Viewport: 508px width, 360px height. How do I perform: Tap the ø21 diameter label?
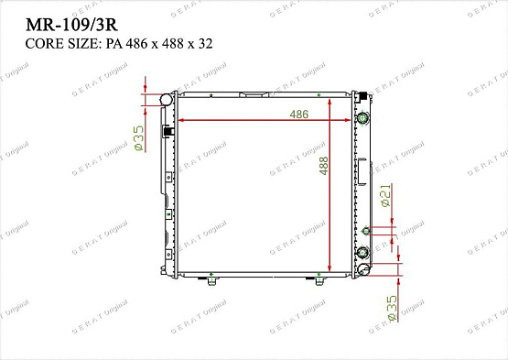click(x=385, y=196)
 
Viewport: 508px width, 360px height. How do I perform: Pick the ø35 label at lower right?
click(x=392, y=307)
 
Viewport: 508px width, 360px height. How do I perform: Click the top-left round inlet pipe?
click(x=165, y=98)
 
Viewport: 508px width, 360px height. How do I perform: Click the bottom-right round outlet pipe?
click(x=362, y=268)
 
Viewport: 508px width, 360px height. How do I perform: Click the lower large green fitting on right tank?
click(x=362, y=252)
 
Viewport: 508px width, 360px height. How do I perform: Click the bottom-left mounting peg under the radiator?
click(x=212, y=279)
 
